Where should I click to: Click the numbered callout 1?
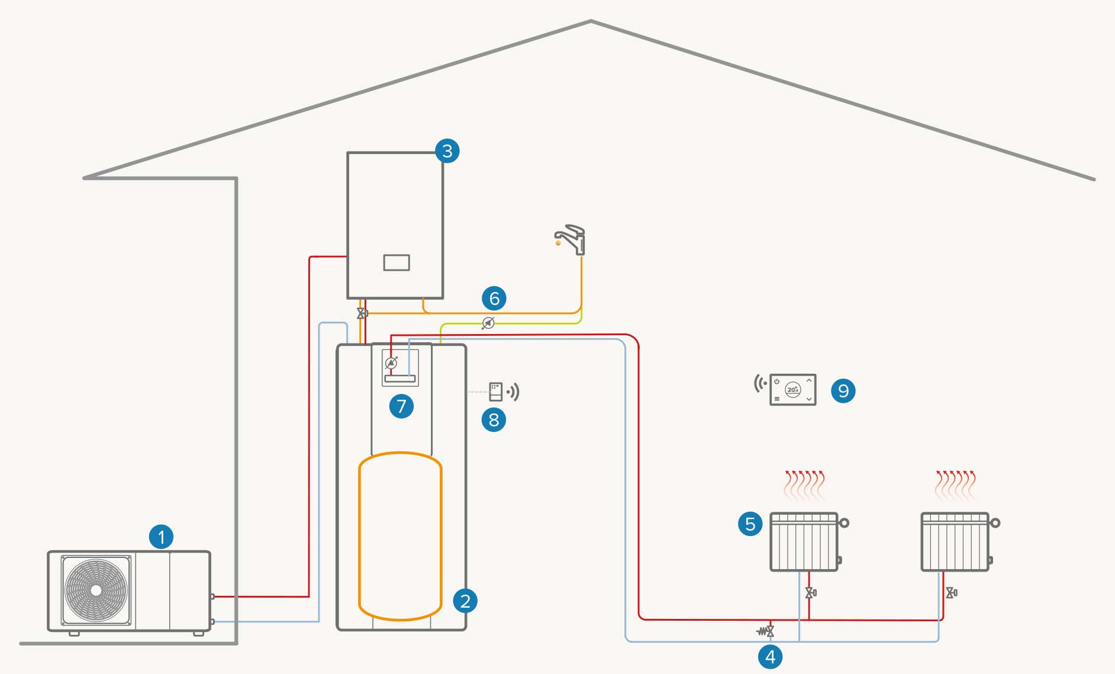[x=161, y=537]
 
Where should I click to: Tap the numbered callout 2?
[x=465, y=601]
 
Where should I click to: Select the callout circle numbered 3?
[x=447, y=151]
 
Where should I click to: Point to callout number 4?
[x=770, y=657]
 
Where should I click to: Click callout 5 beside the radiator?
[x=750, y=524]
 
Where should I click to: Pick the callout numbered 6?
[x=494, y=298]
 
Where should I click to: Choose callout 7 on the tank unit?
[x=401, y=406]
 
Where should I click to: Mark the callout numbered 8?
[x=494, y=420]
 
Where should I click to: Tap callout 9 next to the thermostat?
[x=843, y=391]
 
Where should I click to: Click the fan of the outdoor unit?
[x=96, y=590]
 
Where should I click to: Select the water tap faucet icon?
[x=572, y=239]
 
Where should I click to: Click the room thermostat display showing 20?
[x=793, y=390]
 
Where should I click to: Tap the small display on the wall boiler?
[x=397, y=262]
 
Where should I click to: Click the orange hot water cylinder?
[x=400, y=536]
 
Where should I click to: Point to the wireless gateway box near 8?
[x=496, y=391]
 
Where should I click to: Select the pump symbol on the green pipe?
[x=488, y=323]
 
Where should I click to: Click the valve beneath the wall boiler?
[x=361, y=313]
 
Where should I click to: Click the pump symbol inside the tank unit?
[x=391, y=363]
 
